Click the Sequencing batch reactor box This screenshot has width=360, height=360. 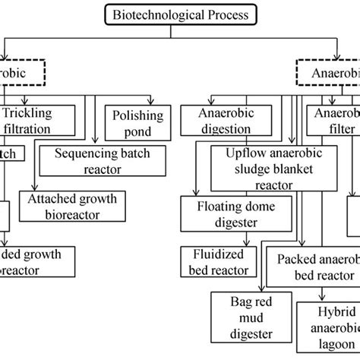[x=103, y=162]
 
